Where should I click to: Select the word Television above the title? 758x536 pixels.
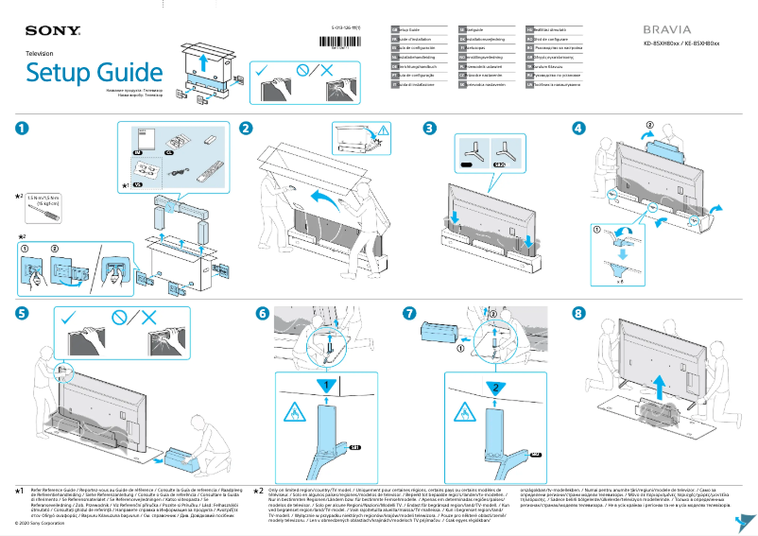coord(39,55)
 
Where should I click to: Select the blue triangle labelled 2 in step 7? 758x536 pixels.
coord(492,386)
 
